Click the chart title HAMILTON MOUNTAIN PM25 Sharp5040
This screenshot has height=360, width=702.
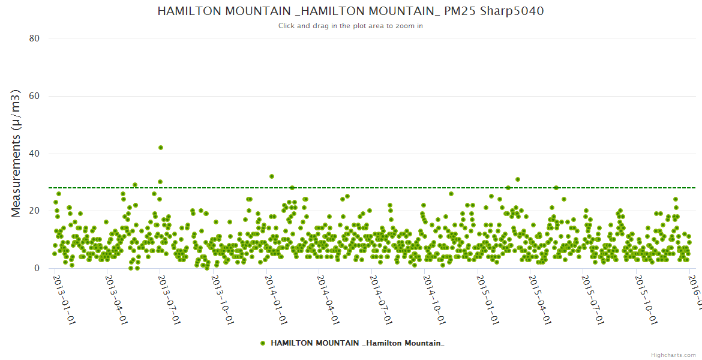(x=350, y=11)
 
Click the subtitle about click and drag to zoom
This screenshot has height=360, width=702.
(x=350, y=26)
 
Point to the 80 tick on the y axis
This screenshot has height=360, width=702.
(x=34, y=38)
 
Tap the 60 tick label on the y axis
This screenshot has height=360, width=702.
(x=34, y=96)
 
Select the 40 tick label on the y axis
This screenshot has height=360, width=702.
(x=34, y=154)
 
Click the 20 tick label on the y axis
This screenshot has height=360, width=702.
(x=34, y=211)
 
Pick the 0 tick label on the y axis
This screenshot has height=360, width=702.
(x=37, y=268)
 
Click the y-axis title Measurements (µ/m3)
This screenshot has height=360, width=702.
(x=17, y=153)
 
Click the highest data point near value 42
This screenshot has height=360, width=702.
(x=161, y=148)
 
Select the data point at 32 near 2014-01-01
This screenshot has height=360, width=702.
(x=272, y=176)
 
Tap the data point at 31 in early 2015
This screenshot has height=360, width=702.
(x=518, y=179)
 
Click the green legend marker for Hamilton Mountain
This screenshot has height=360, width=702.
(x=263, y=343)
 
